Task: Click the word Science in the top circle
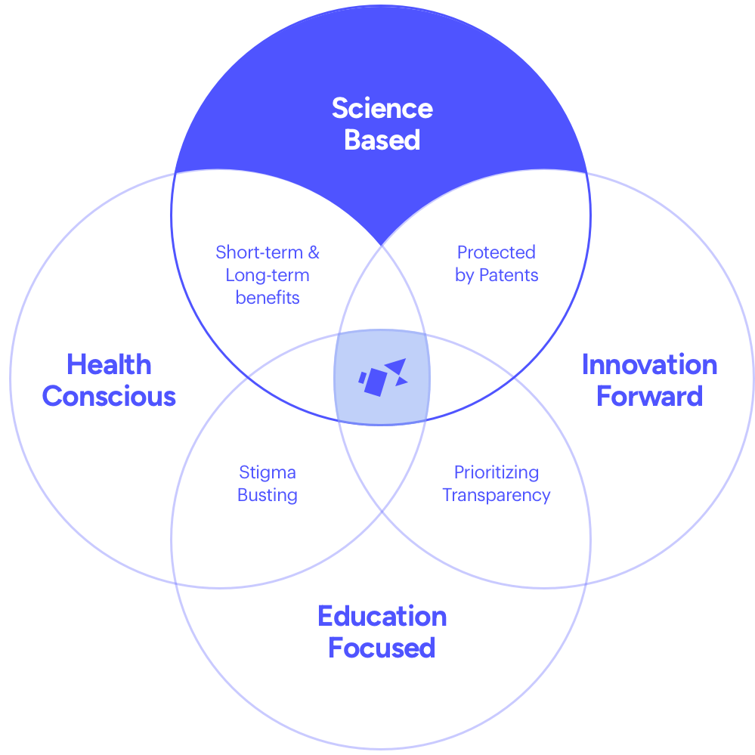[x=382, y=108]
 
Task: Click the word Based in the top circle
[x=382, y=140]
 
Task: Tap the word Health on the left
[x=109, y=364]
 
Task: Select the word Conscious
[x=109, y=396]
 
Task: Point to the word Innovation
[x=649, y=364]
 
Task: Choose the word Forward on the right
[x=649, y=396]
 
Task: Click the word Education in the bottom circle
[x=382, y=617]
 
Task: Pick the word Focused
[x=382, y=648]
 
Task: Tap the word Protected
[x=497, y=252]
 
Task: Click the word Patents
[x=509, y=275]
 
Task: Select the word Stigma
[x=268, y=473]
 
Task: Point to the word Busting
[x=268, y=495]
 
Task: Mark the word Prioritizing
[x=497, y=473]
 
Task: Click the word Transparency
[x=497, y=496]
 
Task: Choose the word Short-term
[x=259, y=252]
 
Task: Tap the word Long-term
[x=268, y=275]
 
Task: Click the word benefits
[x=268, y=298]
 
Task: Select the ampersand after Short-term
[x=314, y=252]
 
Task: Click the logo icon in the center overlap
[x=383, y=378]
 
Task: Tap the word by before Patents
[x=465, y=275]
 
